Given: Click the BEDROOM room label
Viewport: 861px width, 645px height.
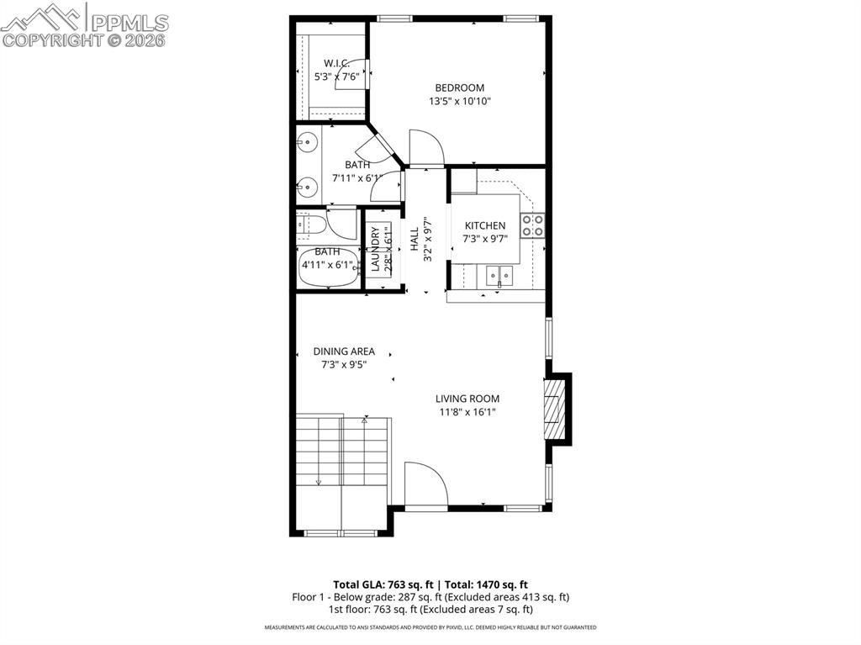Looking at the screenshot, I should tap(459, 87).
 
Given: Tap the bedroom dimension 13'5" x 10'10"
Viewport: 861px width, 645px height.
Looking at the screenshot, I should tap(459, 101).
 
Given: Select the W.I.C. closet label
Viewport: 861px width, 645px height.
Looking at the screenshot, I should tap(337, 63).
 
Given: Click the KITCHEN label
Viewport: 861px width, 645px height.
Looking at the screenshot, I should tap(485, 225).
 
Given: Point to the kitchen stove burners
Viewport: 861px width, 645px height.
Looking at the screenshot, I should tap(532, 225).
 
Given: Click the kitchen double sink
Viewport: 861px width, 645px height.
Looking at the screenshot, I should tap(498, 274).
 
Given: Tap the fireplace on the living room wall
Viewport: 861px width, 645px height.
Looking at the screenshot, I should tap(553, 408).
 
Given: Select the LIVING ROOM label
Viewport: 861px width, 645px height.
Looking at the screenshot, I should tap(467, 399).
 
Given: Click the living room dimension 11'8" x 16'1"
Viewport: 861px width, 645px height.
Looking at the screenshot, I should tap(467, 412).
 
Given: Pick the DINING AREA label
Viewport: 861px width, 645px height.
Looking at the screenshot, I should tap(344, 352).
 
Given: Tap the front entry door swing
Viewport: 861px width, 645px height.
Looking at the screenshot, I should tap(425, 485).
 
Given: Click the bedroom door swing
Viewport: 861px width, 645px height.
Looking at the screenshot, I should tap(426, 148).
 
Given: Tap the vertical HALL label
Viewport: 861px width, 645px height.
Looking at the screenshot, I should tap(415, 238).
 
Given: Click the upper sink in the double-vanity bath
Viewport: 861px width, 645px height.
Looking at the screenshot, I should tap(309, 142).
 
